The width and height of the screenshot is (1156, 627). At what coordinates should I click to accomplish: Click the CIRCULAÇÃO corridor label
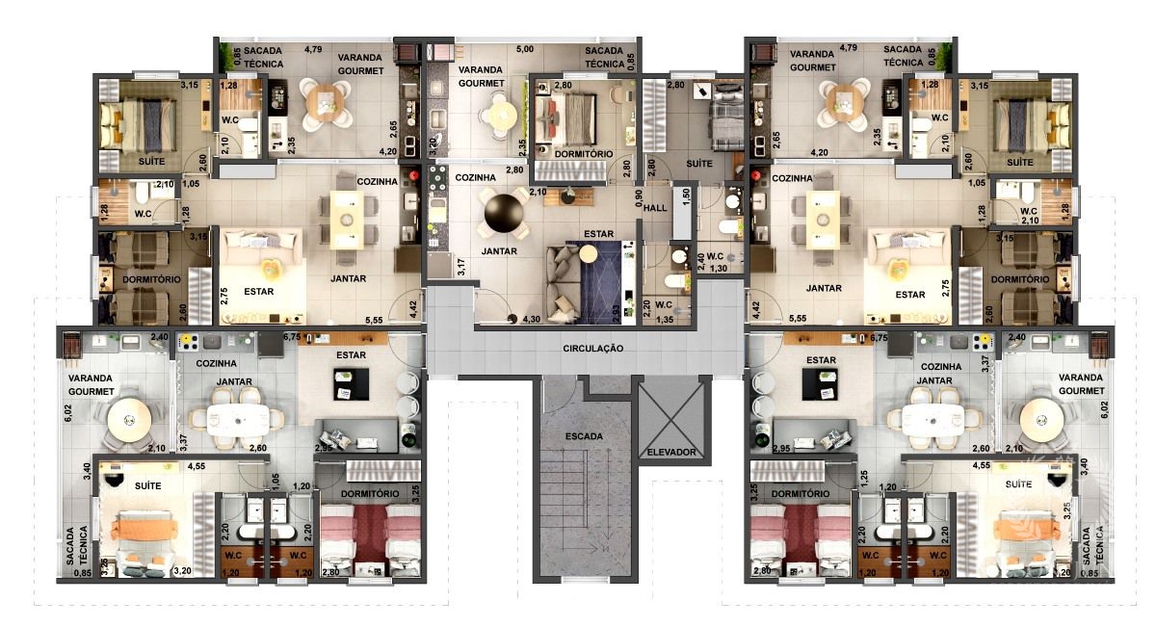pyautogui.click(x=593, y=349)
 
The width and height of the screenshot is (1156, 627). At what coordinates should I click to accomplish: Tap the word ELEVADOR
pyautogui.click(x=671, y=452)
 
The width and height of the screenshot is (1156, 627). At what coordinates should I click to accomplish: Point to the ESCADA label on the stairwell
pyautogui.click(x=584, y=436)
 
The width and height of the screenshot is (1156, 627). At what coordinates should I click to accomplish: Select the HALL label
pyautogui.click(x=655, y=208)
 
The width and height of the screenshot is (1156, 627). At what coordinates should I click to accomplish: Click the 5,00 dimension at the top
pyautogui.click(x=525, y=49)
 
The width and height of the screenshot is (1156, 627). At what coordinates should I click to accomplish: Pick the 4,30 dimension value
pyautogui.click(x=532, y=319)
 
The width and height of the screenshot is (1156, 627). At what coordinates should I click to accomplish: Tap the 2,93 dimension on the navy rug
pyautogui.click(x=616, y=314)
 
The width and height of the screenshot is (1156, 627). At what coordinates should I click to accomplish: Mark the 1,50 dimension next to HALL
pyautogui.click(x=686, y=196)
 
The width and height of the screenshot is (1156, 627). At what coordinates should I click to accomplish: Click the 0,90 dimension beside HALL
pyautogui.click(x=639, y=197)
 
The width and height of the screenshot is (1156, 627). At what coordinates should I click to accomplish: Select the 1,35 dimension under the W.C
pyautogui.click(x=665, y=320)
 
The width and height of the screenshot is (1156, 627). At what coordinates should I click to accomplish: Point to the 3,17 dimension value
pyautogui.click(x=461, y=267)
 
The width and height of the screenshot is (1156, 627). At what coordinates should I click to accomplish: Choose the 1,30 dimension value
pyautogui.click(x=719, y=269)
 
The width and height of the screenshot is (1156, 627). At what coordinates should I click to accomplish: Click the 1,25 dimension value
pyautogui.click(x=864, y=478)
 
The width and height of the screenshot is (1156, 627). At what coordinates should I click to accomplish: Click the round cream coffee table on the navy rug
pyautogui.click(x=589, y=253)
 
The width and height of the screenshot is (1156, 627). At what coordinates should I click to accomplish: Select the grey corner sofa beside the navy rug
pyautogui.click(x=563, y=284)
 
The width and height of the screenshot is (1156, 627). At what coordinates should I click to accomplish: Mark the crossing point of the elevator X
pyautogui.click(x=672, y=418)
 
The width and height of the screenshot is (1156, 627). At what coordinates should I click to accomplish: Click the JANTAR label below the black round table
pyautogui.click(x=499, y=251)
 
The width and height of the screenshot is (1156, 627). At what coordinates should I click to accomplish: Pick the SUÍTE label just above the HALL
pyautogui.click(x=699, y=164)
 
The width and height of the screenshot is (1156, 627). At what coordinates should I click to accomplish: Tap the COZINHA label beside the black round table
pyautogui.click(x=475, y=177)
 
